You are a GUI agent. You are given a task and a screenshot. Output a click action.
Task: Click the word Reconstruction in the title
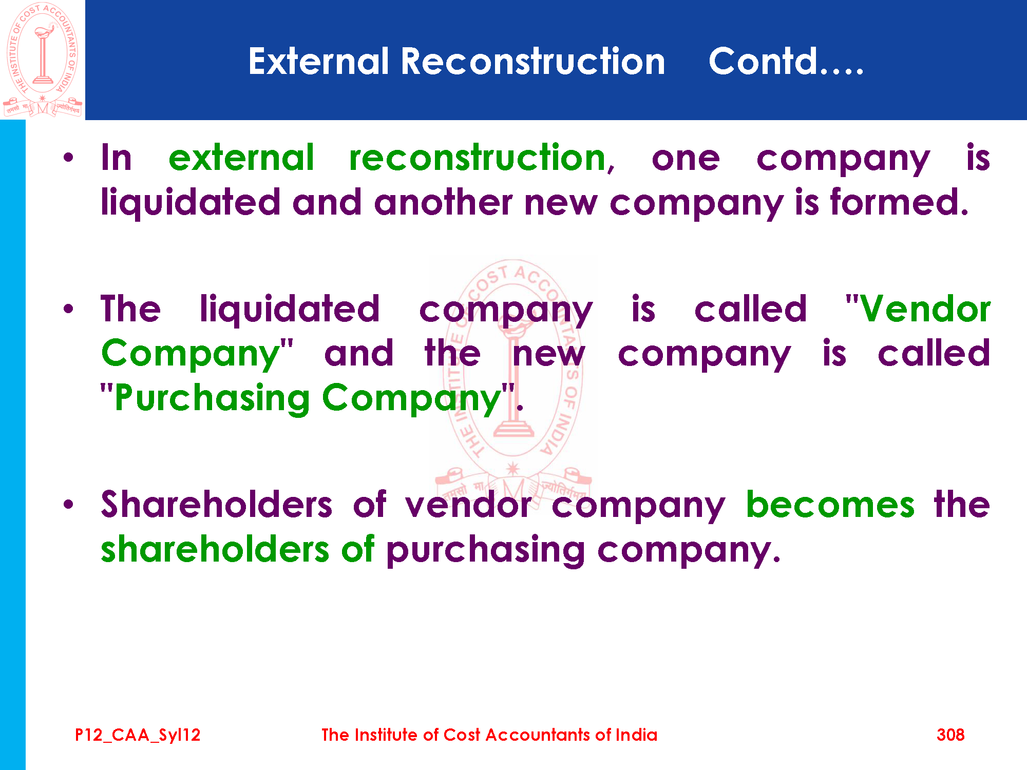[x=533, y=61]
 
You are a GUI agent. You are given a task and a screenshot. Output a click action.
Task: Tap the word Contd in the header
[x=763, y=61]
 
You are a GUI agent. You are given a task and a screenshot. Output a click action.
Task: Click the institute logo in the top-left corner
[x=43, y=60]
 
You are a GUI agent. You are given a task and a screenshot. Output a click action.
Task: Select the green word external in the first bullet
[x=241, y=158]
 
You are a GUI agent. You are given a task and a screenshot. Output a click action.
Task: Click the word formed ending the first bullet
[x=899, y=202]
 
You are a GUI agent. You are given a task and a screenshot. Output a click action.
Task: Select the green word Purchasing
[x=212, y=398]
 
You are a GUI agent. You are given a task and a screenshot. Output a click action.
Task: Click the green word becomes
[x=830, y=504]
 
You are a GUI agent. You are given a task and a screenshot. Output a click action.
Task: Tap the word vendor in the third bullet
[x=468, y=504]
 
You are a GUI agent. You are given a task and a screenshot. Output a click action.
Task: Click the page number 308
[x=950, y=735]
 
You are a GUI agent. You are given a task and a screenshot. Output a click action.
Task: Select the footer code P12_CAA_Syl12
[x=138, y=735]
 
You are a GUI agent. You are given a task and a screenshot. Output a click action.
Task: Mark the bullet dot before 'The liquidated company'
[x=68, y=309]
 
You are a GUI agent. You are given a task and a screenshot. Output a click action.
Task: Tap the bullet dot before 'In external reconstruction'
[x=68, y=158]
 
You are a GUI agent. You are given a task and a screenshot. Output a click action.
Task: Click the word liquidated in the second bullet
[x=290, y=309]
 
